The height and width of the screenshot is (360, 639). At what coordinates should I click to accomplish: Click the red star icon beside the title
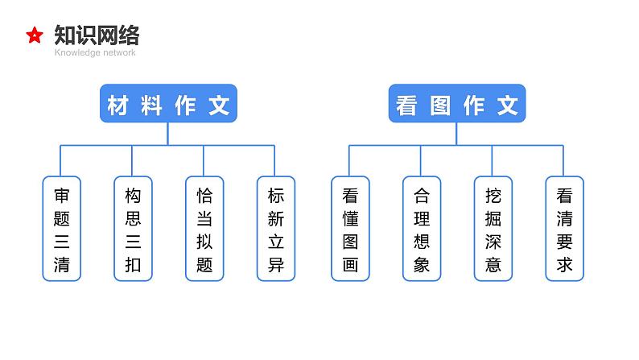coord(35,35)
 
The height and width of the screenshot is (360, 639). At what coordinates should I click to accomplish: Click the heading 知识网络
coord(97,35)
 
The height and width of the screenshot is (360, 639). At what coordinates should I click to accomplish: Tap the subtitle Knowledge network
coord(95,53)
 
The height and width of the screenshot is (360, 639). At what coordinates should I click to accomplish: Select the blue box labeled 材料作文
coord(168,104)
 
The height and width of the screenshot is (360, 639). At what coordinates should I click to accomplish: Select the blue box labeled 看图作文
coord(456,104)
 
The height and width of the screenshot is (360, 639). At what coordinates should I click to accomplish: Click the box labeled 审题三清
coord(62,229)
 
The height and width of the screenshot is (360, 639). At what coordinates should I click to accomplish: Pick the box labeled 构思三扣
coord(133,229)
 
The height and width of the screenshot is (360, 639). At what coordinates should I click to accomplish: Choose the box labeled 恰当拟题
coord(204,229)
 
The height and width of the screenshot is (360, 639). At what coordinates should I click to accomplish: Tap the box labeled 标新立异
coord(275,229)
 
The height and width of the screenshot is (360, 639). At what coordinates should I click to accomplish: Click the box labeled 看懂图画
coord(350,229)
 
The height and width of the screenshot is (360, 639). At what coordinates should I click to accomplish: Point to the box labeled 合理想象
coord(422,229)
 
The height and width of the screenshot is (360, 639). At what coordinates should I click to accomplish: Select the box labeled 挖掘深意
coord(493,229)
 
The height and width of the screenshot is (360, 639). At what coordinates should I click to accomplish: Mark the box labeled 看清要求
coord(564,229)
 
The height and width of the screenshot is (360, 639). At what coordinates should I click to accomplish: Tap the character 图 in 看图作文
coord(440,105)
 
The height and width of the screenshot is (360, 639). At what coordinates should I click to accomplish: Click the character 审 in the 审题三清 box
coord(62,195)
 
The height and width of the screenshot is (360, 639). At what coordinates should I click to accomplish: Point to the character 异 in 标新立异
coord(275,264)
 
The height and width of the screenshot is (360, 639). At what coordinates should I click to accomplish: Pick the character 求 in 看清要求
coord(564,264)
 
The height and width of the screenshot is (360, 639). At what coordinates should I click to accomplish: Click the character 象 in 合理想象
coord(422,264)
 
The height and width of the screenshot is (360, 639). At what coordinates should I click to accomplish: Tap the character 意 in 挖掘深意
coord(493,264)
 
